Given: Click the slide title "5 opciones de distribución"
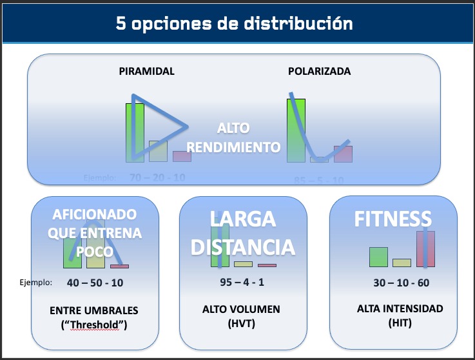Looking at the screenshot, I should (x=234, y=24).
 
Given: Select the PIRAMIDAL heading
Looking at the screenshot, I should (x=146, y=72).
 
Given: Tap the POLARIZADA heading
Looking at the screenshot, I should (x=319, y=72).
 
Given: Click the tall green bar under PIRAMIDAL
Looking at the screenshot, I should (x=135, y=132).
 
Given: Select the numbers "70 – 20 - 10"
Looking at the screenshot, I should (x=157, y=177).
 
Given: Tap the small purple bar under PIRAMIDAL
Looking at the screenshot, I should (x=182, y=156).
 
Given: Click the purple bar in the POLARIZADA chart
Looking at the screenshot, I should (x=343, y=154).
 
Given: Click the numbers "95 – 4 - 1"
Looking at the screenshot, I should (x=242, y=282).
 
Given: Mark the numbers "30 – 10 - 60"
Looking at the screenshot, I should (x=401, y=283).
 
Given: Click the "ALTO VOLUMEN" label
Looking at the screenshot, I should (x=241, y=310).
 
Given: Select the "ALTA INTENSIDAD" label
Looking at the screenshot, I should (x=400, y=309).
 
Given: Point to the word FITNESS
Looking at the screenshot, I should (x=392, y=219).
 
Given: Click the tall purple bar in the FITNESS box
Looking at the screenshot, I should (x=425, y=248).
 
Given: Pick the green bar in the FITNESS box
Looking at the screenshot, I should (x=378, y=257).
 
